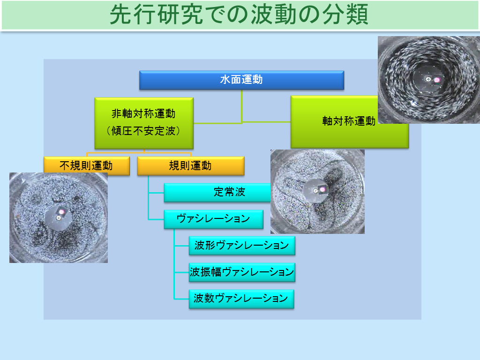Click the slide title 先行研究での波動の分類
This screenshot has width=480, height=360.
(239, 15)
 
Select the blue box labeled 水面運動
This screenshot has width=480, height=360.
(241, 80)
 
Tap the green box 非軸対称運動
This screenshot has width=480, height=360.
(144, 123)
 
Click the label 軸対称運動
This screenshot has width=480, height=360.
(349, 121)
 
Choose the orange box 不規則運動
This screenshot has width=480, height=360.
(87, 165)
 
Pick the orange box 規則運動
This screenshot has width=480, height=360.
(191, 165)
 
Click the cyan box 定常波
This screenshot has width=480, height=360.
(217, 192)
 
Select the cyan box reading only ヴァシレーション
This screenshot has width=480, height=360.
(213, 219)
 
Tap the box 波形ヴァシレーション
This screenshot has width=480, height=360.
(242, 245)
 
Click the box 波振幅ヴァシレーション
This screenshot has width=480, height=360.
(242, 272)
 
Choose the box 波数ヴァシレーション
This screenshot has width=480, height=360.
(241, 298)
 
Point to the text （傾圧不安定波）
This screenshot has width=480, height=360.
(143, 131)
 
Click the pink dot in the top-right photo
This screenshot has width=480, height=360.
(437, 80)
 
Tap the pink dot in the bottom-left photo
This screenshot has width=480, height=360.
(61, 211)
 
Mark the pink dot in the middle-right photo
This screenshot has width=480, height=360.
(322, 190)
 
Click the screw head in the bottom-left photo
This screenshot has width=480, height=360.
(59, 218)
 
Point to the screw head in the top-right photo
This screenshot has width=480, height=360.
(428, 79)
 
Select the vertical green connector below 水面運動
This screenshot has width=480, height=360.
(242, 106)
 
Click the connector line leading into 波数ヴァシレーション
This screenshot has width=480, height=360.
(181, 299)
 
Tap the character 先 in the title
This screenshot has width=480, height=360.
(121, 15)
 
